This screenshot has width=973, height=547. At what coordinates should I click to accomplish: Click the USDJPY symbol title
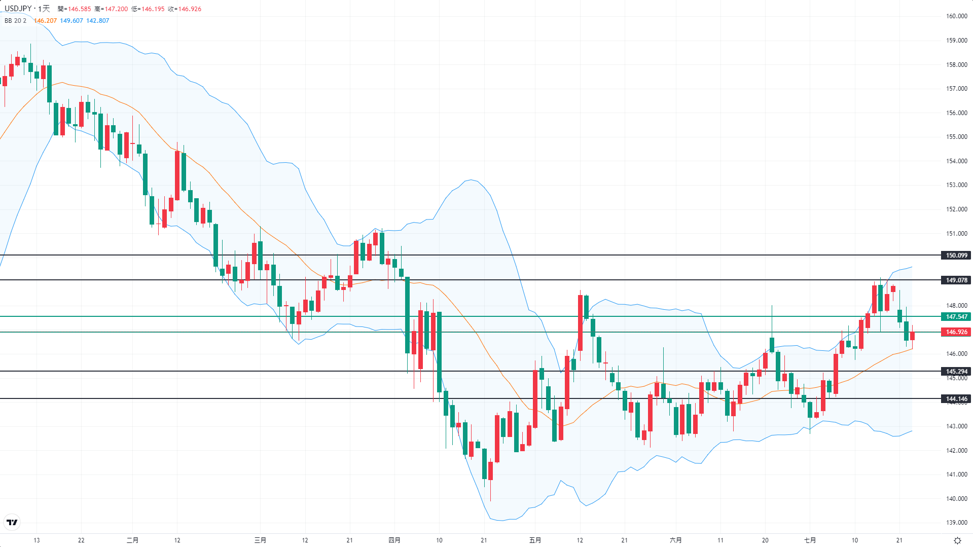(x=18, y=9)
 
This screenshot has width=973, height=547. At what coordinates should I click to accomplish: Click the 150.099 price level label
(x=956, y=256)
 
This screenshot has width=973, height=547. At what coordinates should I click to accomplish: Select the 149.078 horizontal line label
(x=956, y=280)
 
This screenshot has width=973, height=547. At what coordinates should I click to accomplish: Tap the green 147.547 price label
(x=956, y=317)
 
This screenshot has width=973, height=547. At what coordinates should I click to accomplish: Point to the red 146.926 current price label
(x=956, y=332)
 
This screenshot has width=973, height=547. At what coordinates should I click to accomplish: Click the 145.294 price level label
(x=956, y=372)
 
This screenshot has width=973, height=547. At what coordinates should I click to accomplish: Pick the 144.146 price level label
(x=956, y=399)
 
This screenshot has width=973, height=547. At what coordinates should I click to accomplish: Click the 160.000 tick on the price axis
(x=956, y=16)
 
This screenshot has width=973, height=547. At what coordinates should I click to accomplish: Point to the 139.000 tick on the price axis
(x=956, y=523)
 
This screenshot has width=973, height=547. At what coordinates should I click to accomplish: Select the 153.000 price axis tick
(x=956, y=185)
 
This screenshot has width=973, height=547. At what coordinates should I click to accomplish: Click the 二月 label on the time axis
(x=132, y=540)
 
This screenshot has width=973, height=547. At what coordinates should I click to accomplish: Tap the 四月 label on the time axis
(x=394, y=540)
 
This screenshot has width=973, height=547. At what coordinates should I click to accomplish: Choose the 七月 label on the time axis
(x=810, y=540)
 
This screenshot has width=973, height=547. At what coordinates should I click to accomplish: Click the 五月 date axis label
(x=535, y=540)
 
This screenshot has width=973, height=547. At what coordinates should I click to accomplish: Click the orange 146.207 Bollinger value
(x=45, y=21)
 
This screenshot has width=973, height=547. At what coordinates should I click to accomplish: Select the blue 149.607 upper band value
(x=71, y=21)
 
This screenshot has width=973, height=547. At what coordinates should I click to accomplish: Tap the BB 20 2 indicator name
(x=15, y=21)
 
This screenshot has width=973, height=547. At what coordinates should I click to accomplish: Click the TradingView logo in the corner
(x=12, y=522)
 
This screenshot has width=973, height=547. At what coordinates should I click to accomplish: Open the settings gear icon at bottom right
(x=957, y=540)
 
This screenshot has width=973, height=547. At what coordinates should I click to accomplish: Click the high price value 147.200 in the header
(x=116, y=9)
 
